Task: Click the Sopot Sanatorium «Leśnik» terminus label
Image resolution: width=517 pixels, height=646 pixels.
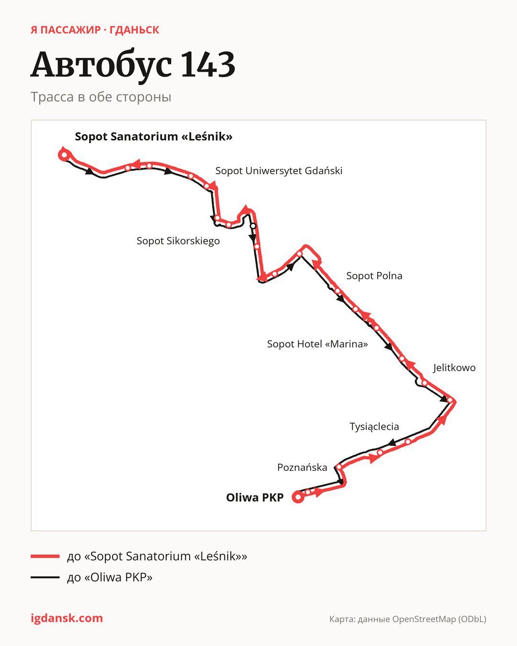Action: pos(154,137)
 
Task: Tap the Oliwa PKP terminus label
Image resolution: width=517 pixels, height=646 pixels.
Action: pos(255,497)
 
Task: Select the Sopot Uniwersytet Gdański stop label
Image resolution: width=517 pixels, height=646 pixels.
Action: pos(279,171)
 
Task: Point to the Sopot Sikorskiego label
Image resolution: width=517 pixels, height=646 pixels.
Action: pos(178,241)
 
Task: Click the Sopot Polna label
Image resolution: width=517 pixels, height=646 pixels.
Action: pos(374,276)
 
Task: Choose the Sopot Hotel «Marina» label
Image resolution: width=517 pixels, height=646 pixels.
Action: pos(317,344)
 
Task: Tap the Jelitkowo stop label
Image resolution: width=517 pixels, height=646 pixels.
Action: pos(454,368)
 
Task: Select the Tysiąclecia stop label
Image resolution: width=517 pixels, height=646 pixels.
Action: pos(374,426)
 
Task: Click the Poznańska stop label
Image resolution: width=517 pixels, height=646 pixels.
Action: pos(302,467)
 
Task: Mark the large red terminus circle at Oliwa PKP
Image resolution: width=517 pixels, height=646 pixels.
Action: pos(298,497)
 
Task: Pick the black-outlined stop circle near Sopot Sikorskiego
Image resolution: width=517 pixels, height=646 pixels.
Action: pos(253,226)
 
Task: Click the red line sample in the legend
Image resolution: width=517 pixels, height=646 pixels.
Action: pos(45,556)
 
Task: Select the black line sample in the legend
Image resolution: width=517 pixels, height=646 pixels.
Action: pos(45,577)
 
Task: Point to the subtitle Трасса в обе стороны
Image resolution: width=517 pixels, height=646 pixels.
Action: pos(101,97)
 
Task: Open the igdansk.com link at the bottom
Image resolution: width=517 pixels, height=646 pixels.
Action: pos(67,618)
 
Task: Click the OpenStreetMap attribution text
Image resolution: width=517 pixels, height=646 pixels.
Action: pos(408,619)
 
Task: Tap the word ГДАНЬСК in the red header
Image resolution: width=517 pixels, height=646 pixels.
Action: pos(135,30)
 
